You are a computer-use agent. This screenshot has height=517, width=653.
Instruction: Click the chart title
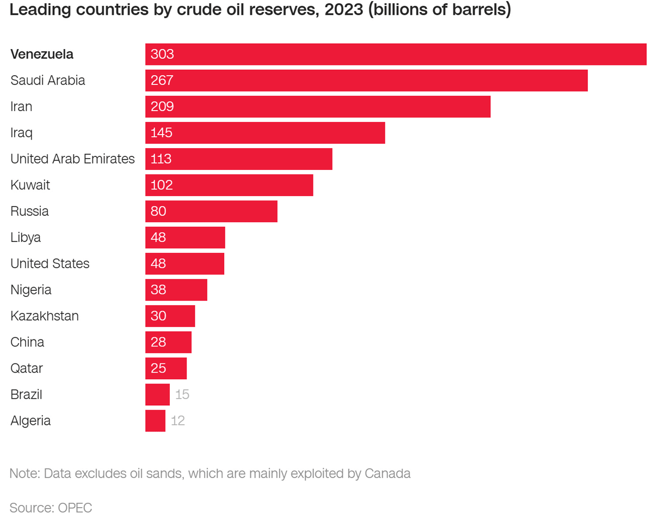[260, 10]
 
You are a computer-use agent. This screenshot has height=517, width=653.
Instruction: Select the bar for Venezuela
[396, 54]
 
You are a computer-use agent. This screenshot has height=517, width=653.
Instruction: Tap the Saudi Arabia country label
[48, 81]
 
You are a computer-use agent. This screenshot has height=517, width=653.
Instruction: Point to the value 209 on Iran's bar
[162, 107]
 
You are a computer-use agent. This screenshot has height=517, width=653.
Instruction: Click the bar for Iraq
[265, 133]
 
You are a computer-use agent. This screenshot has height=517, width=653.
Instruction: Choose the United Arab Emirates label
[72, 159]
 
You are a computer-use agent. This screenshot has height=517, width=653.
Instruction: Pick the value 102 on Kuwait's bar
[162, 185]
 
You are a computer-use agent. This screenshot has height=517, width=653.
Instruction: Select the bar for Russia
[211, 211]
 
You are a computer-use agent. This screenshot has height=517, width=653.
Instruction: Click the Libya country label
[26, 238]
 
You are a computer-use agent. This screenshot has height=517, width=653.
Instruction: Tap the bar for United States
[184, 264]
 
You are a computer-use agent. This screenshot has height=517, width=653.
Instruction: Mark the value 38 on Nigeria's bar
[158, 290]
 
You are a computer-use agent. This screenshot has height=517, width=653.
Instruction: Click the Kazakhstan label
[45, 316]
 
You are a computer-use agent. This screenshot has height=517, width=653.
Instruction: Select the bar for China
[168, 342]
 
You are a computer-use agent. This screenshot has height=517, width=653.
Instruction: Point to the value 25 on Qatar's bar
[158, 368]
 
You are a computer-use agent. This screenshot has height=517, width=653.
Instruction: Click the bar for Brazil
[157, 394]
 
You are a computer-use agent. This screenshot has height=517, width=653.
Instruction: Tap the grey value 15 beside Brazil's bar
[182, 394]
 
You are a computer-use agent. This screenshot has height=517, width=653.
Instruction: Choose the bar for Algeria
[155, 421]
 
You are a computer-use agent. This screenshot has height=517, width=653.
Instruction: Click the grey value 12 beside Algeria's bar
[178, 421]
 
